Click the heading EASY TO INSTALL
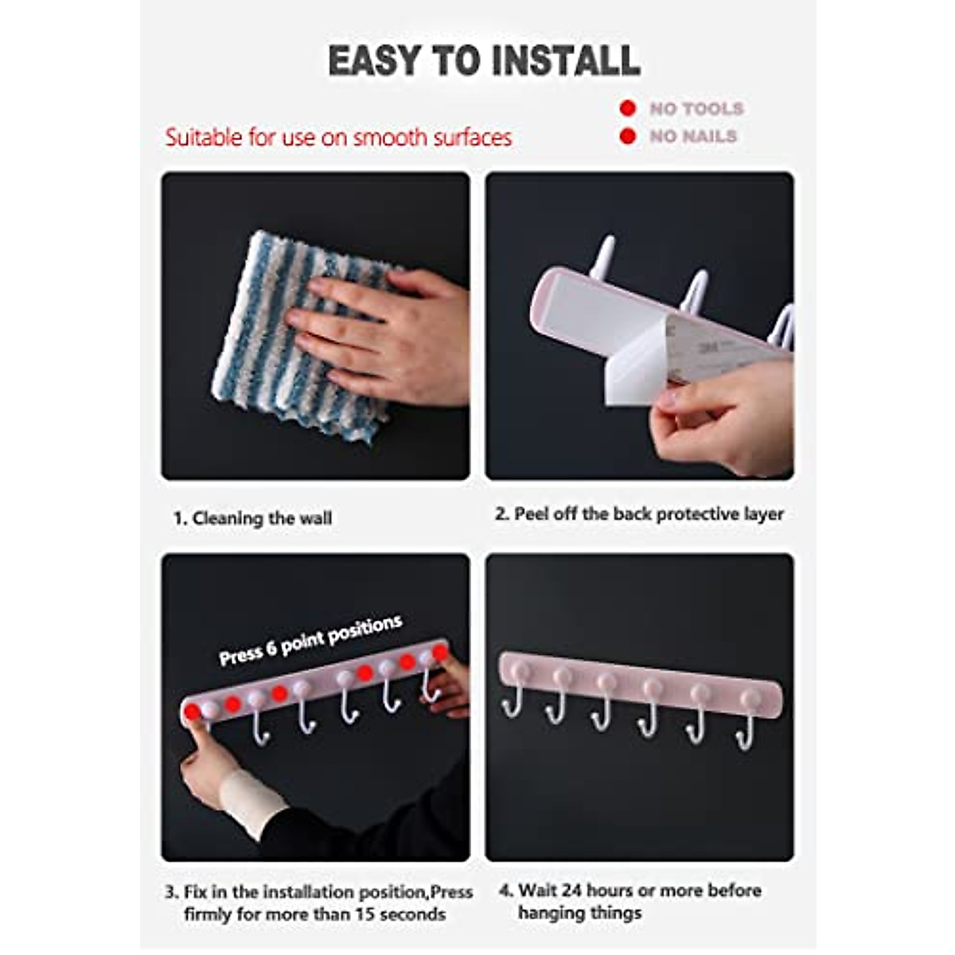[484, 61]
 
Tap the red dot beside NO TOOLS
[628, 108]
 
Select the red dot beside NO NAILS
[628, 136]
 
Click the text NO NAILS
[693, 136]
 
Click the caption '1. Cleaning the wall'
[253, 519]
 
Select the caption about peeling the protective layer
[639, 514]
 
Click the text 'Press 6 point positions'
[310, 640]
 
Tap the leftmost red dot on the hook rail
[192, 711]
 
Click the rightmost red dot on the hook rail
[440, 653]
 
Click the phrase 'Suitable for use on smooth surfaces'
[338, 138]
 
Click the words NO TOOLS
[696, 108]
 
